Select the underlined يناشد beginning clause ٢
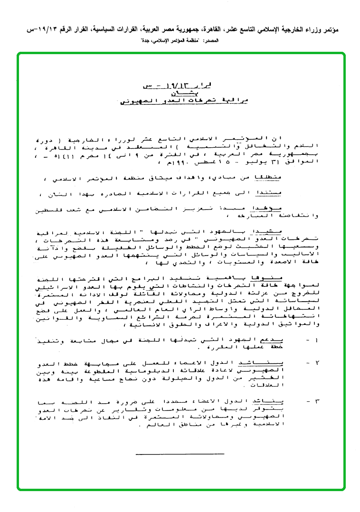tap(273, 363)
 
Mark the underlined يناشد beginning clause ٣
tap(273, 401)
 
